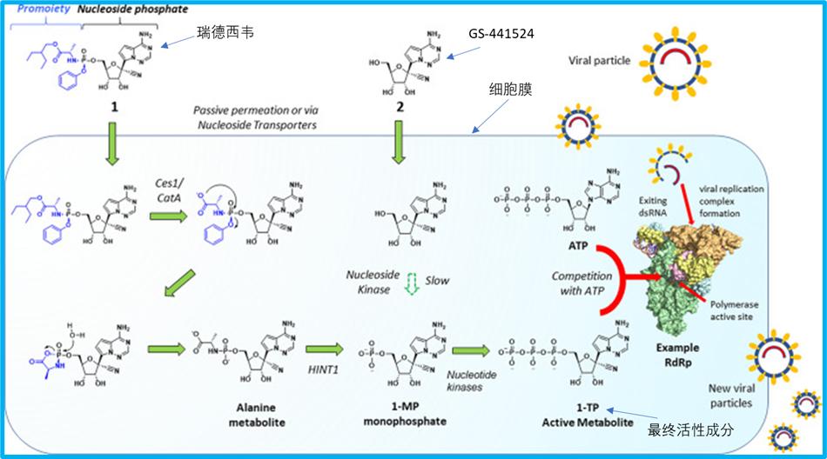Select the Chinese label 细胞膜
coord(513,90)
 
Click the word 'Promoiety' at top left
coord(43,8)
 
